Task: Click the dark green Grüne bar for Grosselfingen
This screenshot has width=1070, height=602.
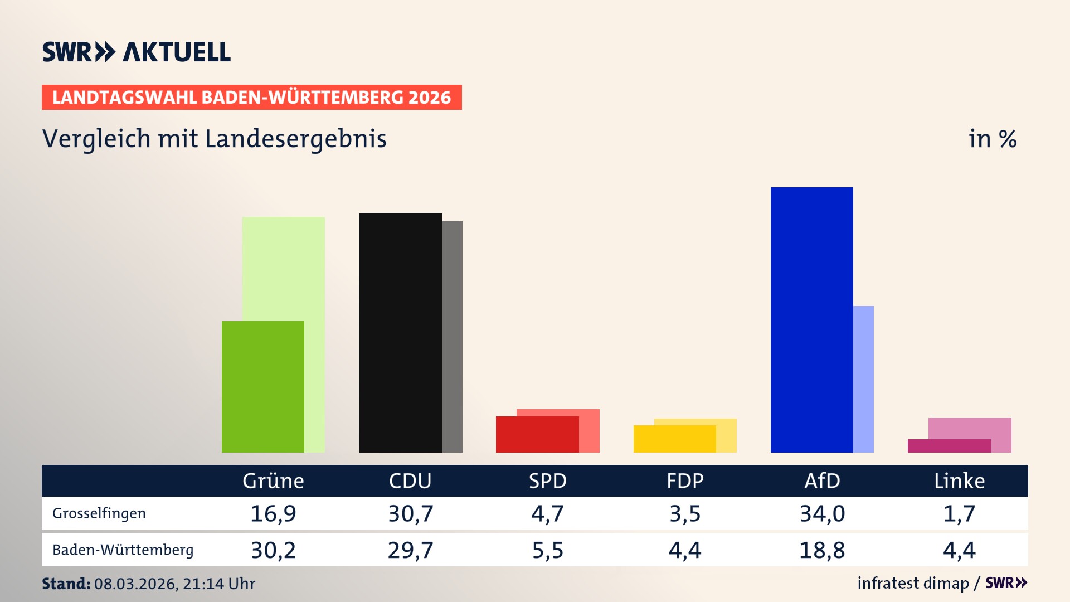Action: tap(262, 386)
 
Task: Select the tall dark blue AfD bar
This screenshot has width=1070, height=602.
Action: tap(811, 319)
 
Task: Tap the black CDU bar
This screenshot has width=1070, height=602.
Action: tap(400, 332)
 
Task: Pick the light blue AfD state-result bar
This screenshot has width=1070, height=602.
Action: tap(863, 379)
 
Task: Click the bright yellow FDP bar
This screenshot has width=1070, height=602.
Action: tap(674, 439)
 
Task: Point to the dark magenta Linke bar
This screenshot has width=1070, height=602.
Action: tap(949, 446)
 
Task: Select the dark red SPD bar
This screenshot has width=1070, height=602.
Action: tap(537, 434)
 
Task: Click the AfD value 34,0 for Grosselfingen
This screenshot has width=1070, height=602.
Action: tap(822, 513)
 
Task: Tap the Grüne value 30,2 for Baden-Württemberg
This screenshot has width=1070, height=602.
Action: tap(273, 550)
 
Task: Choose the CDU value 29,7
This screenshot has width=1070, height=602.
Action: tap(410, 550)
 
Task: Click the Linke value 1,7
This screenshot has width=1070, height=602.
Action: tap(959, 513)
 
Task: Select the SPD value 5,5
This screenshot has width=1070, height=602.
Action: tap(547, 550)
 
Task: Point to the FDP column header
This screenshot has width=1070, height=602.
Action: tap(685, 480)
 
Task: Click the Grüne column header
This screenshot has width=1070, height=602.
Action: tap(273, 480)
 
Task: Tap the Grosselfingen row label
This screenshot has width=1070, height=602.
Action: tap(99, 513)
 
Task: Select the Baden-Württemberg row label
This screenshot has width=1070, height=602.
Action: tap(123, 550)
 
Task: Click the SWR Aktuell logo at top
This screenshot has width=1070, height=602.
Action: tap(137, 52)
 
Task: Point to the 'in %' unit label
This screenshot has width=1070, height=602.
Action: tap(992, 139)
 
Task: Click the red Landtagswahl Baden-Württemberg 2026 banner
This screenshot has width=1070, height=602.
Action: tap(251, 98)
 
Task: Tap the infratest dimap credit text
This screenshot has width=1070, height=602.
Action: tap(913, 583)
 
